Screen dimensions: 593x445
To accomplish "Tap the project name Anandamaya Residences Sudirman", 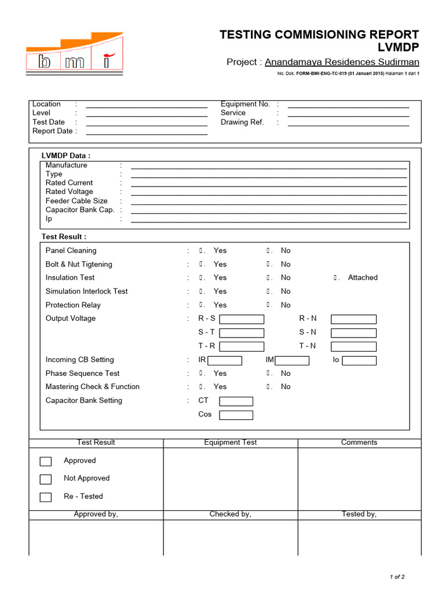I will [342, 62].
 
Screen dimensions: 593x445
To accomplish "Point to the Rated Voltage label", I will [69, 192].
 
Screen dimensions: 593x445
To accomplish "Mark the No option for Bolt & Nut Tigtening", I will [269, 264].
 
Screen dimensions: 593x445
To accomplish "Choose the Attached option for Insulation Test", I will [336, 278].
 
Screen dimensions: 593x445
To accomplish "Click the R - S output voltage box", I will [242, 319].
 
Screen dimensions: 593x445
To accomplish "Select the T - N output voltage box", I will [353, 346].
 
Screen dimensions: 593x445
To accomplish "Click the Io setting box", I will [359, 360].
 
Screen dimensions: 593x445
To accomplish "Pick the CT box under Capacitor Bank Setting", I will [236, 401].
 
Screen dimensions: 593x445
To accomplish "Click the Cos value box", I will [236, 415].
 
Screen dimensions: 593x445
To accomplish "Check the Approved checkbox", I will [46, 462].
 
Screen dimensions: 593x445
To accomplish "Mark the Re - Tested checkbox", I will [46, 497].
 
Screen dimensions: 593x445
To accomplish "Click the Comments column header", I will [359, 442].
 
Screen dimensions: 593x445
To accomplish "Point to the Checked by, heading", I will [230, 514].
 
